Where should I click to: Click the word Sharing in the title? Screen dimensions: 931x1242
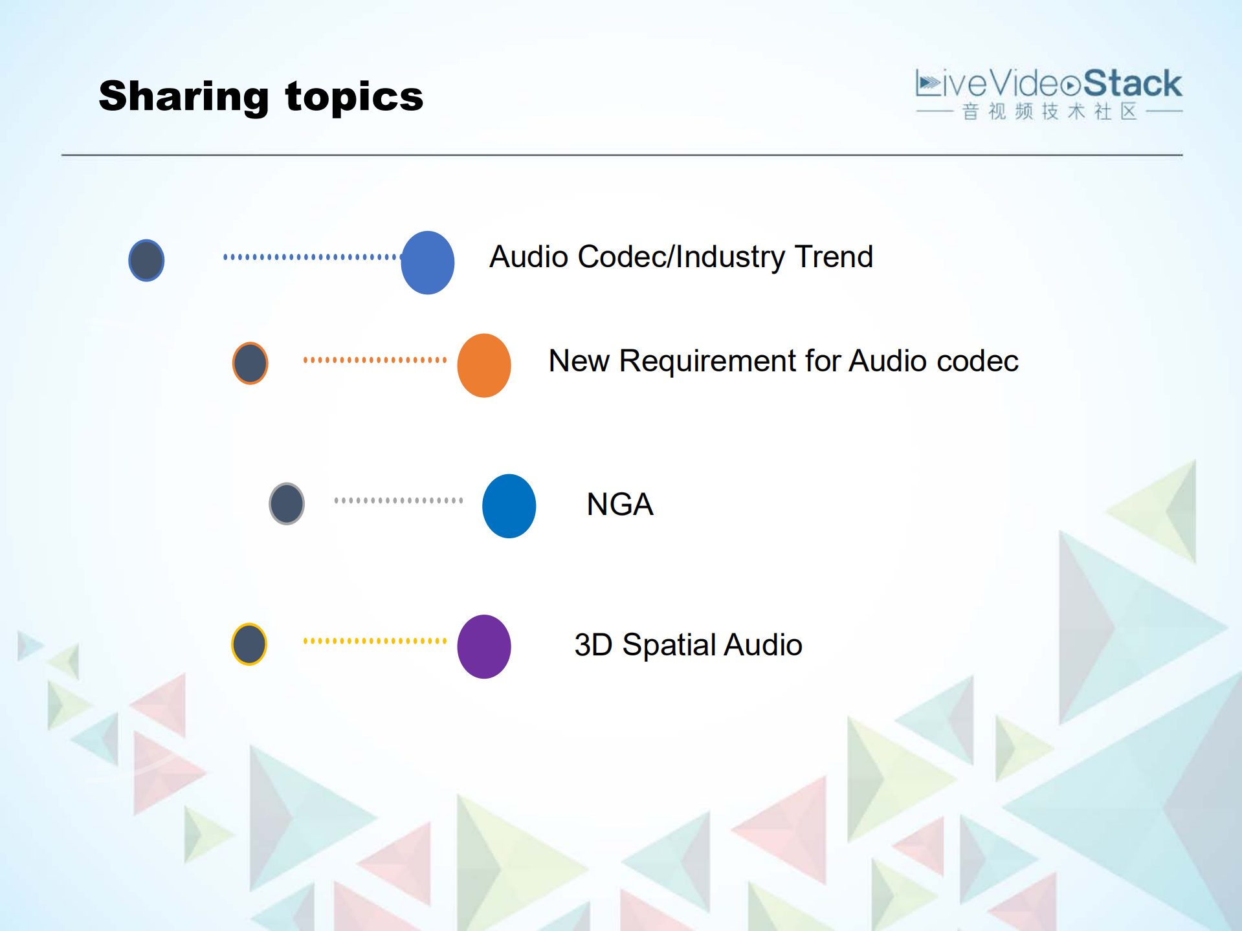click(183, 97)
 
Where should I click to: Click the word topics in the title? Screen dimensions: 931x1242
click(354, 97)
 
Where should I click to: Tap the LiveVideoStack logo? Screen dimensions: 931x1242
click(1048, 85)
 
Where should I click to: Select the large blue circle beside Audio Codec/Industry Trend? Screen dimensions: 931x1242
click(427, 263)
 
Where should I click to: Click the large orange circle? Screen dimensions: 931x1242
click(484, 366)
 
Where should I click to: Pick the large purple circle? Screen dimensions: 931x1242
click(484, 646)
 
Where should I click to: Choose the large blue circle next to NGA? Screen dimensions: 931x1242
click(509, 506)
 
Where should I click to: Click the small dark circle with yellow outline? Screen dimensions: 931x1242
click(249, 644)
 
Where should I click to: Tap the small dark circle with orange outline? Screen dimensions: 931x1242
click(250, 363)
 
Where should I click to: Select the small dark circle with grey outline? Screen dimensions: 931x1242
click(287, 503)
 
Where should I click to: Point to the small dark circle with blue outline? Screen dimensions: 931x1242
click(146, 260)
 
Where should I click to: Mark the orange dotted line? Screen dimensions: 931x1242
click(375, 360)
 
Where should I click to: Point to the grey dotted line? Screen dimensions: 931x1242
click(399, 500)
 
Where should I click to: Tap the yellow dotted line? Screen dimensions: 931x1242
click(375, 641)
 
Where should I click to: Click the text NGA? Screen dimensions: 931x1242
click(619, 505)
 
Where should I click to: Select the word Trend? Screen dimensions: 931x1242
click(834, 257)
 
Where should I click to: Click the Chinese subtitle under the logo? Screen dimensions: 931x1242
click(1049, 112)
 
